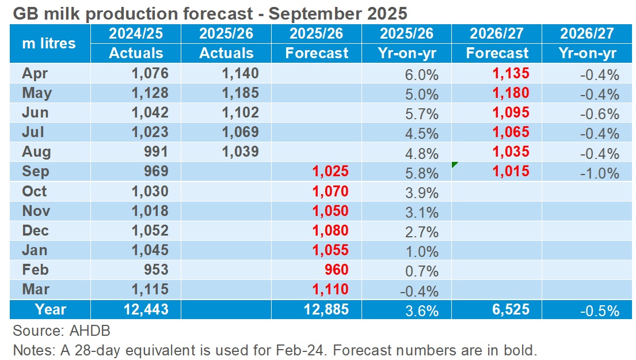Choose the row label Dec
coord(36,230)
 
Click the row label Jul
coord(33,132)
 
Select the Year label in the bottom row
coord(51,310)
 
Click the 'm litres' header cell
coord(48,43)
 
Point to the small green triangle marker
coord(455,165)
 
